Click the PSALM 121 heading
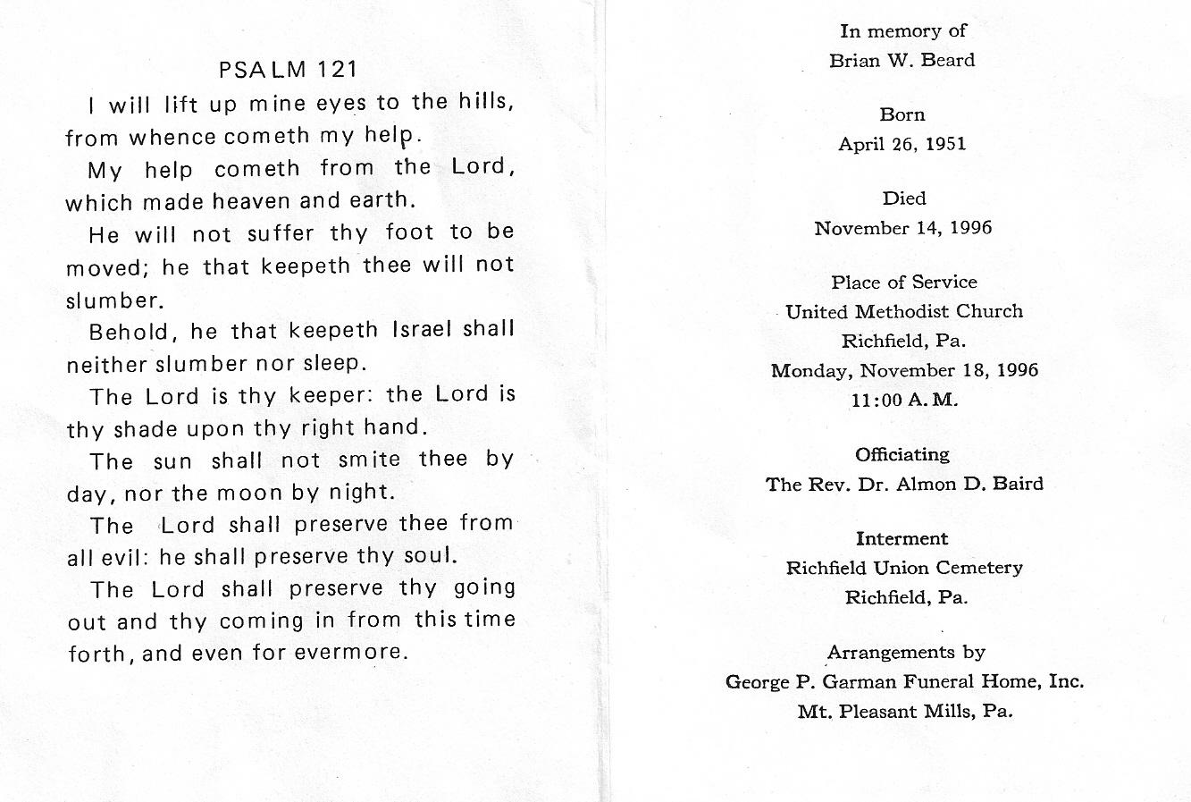(288, 70)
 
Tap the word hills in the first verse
(484, 103)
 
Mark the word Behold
(130, 332)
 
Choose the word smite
(370, 460)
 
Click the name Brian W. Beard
(902, 61)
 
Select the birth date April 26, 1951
(902, 144)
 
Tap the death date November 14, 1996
(902, 228)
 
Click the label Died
(903, 198)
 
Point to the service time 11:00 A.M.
(904, 400)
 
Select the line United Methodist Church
(904, 312)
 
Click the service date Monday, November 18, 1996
(904, 370)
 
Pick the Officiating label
(902, 455)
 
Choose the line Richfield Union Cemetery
(904, 568)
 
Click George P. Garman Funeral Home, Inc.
(904, 682)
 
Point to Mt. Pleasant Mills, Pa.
(905, 712)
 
